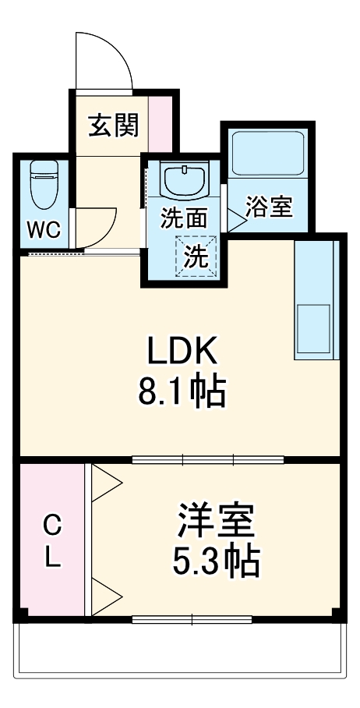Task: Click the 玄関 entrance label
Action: click(x=113, y=125)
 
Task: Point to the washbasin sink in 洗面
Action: click(x=185, y=181)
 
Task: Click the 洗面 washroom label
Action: click(x=184, y=219)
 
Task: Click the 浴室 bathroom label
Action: click(x=269, y=207)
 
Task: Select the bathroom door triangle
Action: click(x=235, y=218)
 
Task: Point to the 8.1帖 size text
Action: click(x=182, y=392)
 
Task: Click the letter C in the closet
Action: click(x=51, y=526)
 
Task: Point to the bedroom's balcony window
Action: click(x=192, y=620)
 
